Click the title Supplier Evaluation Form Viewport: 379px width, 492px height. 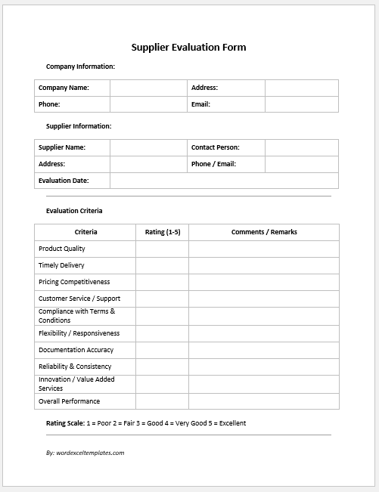[x=189, y=47]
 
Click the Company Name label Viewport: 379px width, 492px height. [x=64, y=88]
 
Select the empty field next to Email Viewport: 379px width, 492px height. [x=301, y=104]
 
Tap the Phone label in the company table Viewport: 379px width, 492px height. [x=49, y=104]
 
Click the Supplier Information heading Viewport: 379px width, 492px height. [x=79, y=126]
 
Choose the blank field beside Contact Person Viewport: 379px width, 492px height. [x=301, y=147]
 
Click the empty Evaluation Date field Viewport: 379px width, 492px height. [x=224, y=181]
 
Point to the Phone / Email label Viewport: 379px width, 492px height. [x=213, y=164]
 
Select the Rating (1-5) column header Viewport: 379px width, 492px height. [x=162, y=232]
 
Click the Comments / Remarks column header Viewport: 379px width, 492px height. [x=264, y=232]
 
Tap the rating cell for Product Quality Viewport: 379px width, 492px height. [x=162, y=249]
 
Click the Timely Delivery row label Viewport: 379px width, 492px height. [x=61, y=265]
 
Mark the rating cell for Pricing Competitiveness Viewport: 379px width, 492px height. [x=162, y=282]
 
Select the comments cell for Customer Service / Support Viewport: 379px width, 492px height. [x=264, y=299]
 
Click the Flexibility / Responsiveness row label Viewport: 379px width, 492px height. [x=79, y=333]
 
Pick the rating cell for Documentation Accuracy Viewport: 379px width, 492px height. [x=162, y=350]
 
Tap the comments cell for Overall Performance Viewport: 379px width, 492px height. [x=264, y=401]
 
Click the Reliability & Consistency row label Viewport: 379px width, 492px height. [x=75, y=367]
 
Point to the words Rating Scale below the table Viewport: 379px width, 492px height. [x=66, y=423]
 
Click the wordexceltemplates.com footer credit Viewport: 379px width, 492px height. [x=85, y=453]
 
